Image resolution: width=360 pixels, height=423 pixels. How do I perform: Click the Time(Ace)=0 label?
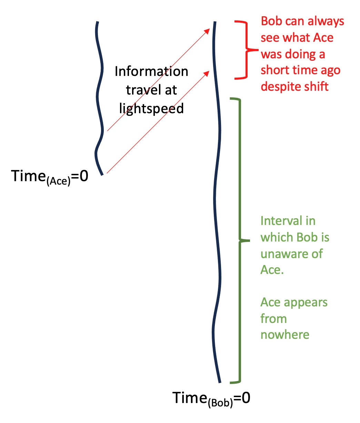pyautogui.click(x=50, y=177)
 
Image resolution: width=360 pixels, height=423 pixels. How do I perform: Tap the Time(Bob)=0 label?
pyautogui.click(x=211, y=399)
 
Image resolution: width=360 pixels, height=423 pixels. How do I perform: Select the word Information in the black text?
pyautogui.click(x=151, y=71)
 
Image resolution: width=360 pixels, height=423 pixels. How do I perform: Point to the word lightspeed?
pyautogui.click(x=151, y=108)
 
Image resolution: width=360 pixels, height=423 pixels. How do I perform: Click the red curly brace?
pyautogui.click(x=246, y=50)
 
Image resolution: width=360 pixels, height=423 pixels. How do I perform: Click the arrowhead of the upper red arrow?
pyautogui.click(x=208, y=30)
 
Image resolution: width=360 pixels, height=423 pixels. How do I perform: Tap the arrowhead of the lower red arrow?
pyautogui.click(x=208, y=72)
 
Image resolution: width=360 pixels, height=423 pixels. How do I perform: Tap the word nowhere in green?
pyautogui.click(x=285, y=335)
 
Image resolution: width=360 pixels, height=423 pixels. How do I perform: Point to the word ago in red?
pyautogui.click(x=329, y=70)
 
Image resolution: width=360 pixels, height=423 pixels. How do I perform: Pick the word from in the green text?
pyautogui.click(x=273, y=318)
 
